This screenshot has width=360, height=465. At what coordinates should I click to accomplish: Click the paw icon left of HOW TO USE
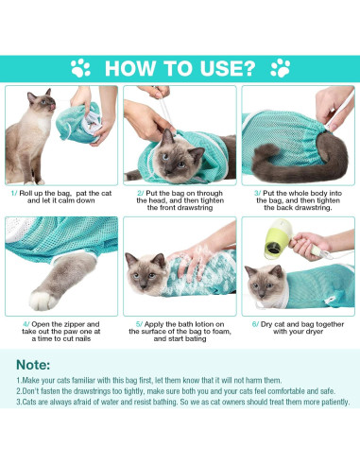click(x=80, y=68)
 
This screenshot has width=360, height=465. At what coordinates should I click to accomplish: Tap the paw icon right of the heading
click(x=281, y=68)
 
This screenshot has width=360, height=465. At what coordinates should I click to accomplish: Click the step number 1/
click(x=14, y=192)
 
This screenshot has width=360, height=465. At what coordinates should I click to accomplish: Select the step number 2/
click(x=140, y=192)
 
